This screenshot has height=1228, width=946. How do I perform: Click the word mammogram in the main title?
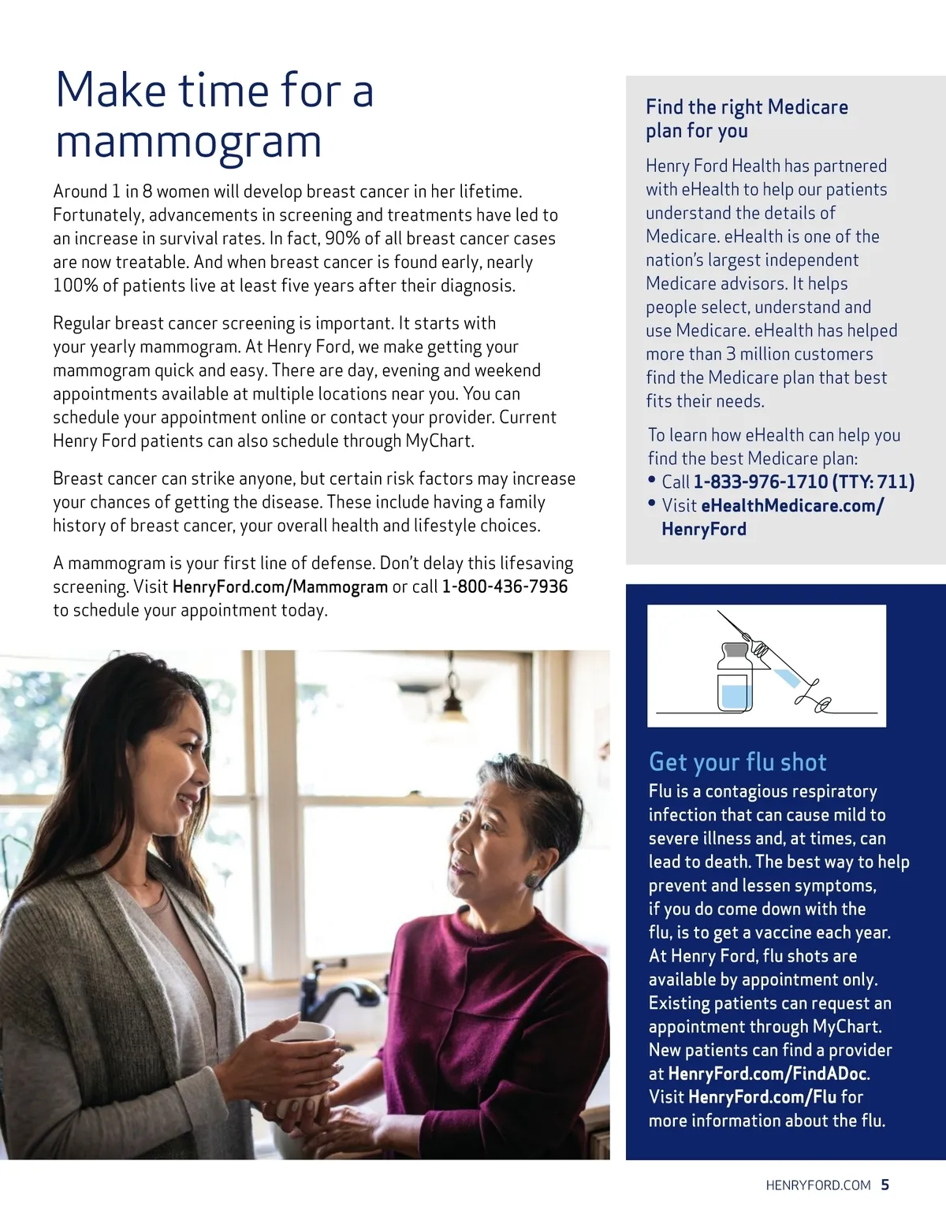(188, 143)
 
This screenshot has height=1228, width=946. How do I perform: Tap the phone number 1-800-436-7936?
(505, 586)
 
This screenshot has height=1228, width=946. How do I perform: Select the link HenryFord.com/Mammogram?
(280, 586)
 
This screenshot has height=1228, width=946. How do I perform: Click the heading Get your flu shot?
(737, 761)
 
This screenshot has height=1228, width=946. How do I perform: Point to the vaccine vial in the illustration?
(734, 679)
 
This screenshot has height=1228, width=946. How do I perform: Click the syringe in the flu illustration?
(777, 662)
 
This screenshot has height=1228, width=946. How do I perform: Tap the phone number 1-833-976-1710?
(760, 482)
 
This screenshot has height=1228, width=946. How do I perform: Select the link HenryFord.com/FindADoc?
(768, 1074)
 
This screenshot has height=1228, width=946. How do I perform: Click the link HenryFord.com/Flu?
(762, 1097)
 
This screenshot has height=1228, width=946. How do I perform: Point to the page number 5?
(885, 1185)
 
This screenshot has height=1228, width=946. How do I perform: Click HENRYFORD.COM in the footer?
(818, 1185)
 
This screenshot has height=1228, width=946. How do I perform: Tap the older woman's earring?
(534, 880)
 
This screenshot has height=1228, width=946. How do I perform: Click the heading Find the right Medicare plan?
(746, 118)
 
